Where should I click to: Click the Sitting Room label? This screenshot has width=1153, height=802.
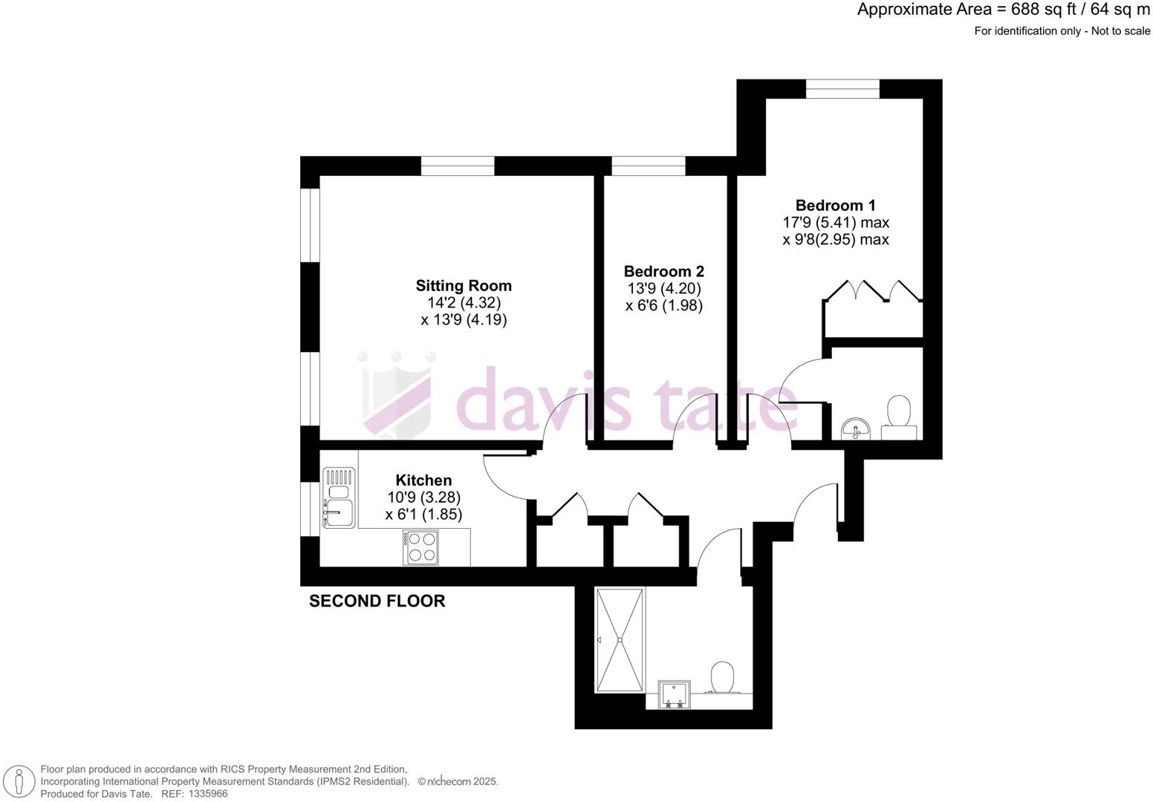463,286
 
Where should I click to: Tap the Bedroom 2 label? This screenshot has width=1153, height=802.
663,272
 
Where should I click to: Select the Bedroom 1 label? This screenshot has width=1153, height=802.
835,206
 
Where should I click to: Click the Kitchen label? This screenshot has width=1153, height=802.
423,480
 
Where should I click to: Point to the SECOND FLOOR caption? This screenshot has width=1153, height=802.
377,601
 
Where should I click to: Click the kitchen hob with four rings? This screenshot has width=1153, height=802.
421,547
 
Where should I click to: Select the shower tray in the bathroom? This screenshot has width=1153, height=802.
620,639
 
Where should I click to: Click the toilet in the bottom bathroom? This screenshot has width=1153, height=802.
721,678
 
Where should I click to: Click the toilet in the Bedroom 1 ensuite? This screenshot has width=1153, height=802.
899,417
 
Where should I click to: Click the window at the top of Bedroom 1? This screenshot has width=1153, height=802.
842,89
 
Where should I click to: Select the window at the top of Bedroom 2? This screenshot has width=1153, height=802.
648,166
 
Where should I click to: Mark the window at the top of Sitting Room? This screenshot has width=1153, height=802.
458,166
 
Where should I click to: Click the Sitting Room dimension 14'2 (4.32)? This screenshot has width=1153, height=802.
463,303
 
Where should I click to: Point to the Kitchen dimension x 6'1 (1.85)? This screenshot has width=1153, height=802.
423,514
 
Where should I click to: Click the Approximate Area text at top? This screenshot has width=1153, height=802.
1003,10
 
